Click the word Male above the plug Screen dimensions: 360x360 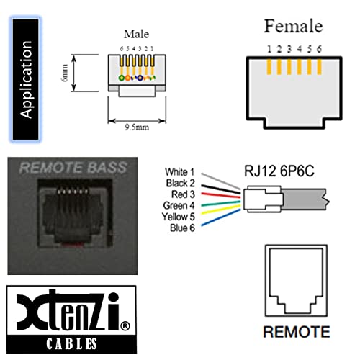[x=135, y=33]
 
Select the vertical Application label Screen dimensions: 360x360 [x=27, y=79]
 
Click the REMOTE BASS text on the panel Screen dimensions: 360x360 [x=73, y=168]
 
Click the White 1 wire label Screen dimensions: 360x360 [x=180, y=171]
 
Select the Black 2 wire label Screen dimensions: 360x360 [x=180, y=183]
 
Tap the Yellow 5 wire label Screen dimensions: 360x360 [x=179, y=215]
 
